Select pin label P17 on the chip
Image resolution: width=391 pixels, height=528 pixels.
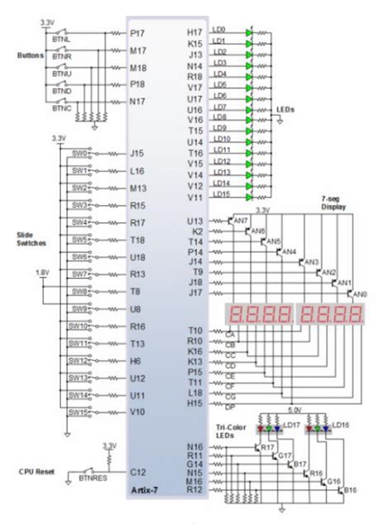pyautogui.click(x=138, y=34)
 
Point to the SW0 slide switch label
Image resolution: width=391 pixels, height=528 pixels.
pyautogui.click(x=78, y=153)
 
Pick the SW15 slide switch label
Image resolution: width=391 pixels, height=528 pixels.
pyautogui.click(x=78, y=410)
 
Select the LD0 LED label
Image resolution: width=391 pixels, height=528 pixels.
pyautogui.click(x=219, y=30)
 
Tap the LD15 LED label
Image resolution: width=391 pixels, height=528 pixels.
pyautogui.click(x=221, y=194)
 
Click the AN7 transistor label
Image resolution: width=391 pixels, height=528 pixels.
pyautogui.click(x=240, y=221)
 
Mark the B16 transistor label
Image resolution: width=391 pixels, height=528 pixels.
pyautogui.click(x=351, y=491)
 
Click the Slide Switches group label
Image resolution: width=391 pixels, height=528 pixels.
pyautogui.click(x=31, y=240)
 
